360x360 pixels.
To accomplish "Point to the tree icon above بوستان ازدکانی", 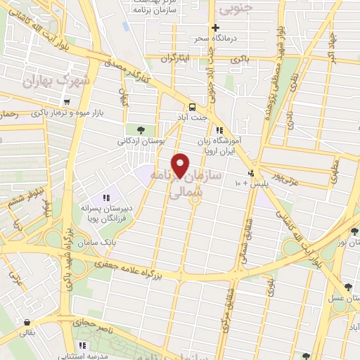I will click(141, 130).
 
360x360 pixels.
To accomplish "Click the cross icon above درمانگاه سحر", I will click(215, 27).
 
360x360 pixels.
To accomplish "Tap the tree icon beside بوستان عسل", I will click(348, 286).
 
